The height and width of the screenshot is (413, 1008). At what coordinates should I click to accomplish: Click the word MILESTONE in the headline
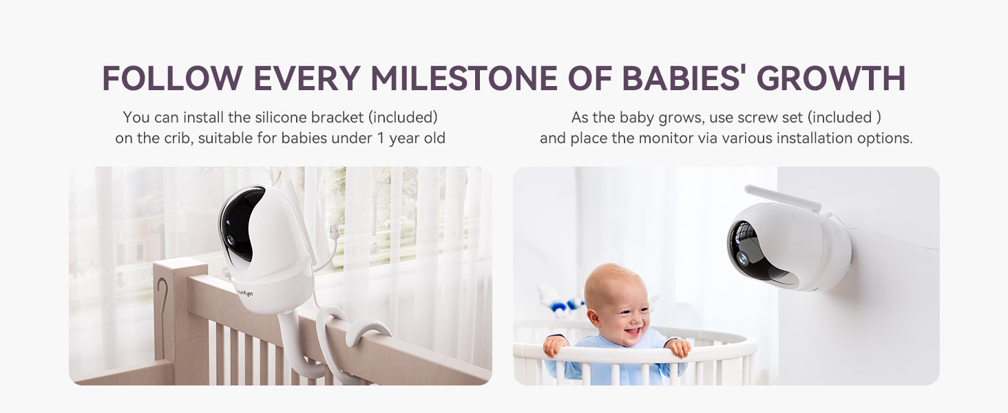click(x=464, y=78)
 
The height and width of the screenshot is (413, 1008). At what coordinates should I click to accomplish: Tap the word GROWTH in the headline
click(x=831, y=78)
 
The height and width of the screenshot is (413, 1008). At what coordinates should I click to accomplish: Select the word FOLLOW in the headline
click(x=173, y=78)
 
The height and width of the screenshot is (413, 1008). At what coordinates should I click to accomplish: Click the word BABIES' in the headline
click(x=682, y=78)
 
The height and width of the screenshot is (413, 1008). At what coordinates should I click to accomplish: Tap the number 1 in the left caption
click(x=381, y=138)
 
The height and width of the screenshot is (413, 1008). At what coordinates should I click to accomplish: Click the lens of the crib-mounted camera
click(x=231, y=240)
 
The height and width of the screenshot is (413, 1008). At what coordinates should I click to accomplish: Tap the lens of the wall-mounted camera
click(x=742, y=258)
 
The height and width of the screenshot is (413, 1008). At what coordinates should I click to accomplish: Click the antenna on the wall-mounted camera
click(x=783, y=198)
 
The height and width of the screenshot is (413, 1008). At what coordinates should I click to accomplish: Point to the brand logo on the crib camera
click(x=245, y=293)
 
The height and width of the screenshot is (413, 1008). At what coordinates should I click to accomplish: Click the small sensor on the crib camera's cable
click(x=334, y=232)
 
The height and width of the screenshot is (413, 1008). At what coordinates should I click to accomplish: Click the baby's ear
click(x=594, y=317)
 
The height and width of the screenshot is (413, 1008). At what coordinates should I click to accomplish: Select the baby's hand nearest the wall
click(x=678, y=348)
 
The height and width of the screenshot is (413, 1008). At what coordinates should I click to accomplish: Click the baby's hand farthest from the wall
click(x=556, y=346)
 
